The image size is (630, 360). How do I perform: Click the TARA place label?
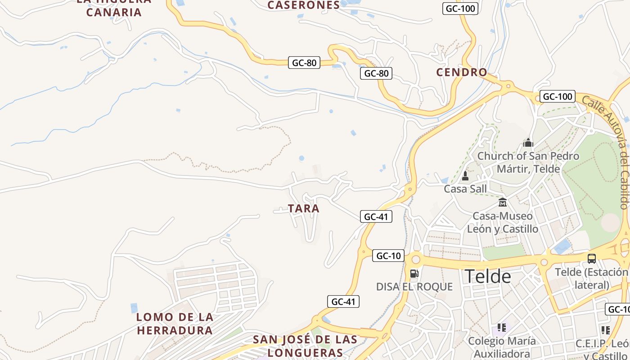[304, 208]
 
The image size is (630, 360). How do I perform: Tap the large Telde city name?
[488, 276]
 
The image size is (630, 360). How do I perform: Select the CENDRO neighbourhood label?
[462, 72]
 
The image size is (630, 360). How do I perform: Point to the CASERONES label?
[304, 5]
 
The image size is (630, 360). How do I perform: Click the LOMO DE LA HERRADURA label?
[175, 324]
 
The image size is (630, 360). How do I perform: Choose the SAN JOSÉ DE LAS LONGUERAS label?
[305, 346]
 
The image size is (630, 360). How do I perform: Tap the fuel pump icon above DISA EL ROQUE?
[414, 273]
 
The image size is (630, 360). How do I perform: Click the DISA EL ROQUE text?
[414, 287]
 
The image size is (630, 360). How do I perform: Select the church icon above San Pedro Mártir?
[528, 143]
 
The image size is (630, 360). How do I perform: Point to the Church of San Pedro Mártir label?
[528, 162]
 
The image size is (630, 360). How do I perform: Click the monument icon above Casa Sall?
[465, 175]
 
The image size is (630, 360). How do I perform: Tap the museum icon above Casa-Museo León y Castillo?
[503, 202]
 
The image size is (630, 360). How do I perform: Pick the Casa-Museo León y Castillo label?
[503, 222]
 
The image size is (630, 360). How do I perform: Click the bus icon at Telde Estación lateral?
[592, 259]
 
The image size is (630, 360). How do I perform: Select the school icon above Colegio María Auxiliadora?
[502, 328]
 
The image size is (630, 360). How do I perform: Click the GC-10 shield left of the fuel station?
[388, 256]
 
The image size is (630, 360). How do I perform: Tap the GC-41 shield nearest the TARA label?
[376, 216]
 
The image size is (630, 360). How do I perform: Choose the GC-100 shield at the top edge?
[460, 9]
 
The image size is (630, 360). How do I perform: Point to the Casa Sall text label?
[465, 189]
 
